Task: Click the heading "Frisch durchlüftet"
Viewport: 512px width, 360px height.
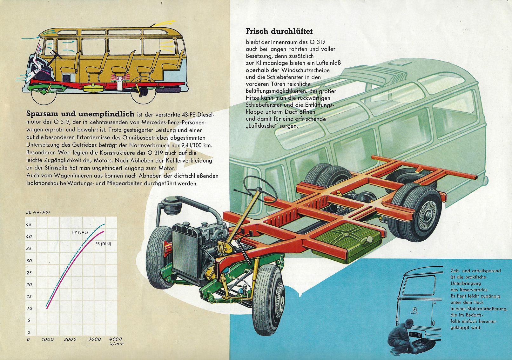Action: (279, 31)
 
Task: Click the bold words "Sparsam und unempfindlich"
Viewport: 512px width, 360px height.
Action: (80, 114)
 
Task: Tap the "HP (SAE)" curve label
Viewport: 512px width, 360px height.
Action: (80, 232)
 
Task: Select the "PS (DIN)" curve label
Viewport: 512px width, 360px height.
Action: (103, 244)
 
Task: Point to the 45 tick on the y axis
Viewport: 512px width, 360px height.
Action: (29, 224)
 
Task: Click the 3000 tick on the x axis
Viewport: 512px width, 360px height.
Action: (95, 339)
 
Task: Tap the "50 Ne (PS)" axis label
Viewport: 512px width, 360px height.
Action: (38, 212)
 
